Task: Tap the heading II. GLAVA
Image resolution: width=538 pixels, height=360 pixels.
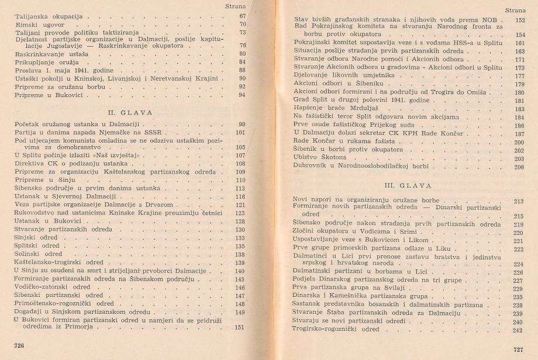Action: pyautogui.click(x=125, y=112)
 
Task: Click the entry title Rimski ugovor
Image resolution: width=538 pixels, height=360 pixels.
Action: pyautogui.click(x=36, y=25)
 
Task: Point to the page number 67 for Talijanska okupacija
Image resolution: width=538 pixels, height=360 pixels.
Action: pyautogui.click(x=243, y=16)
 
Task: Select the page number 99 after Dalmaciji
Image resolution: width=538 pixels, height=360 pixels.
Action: pyautogui.click(x=242, y=124)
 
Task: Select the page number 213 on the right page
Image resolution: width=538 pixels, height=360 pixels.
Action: pyautogui.click(x=518, y=201)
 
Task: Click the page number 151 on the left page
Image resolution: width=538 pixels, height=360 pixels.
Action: pyautogui.click(x=239, y=327)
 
